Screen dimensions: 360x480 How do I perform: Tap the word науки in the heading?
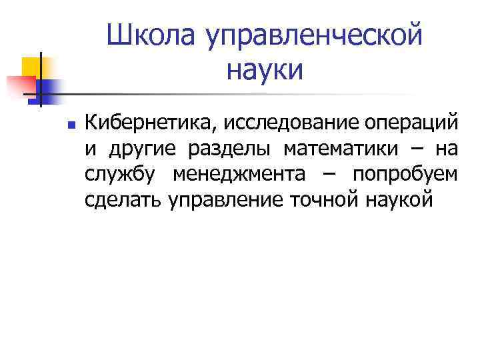[265, 69]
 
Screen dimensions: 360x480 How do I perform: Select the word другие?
[142, 149]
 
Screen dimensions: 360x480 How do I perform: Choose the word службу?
[121, 175]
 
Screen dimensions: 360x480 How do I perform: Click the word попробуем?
[405, 175]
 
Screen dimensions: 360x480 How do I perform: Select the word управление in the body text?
[228, 200]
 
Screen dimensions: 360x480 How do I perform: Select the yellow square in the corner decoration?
[30, 65]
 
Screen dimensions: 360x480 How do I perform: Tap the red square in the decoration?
[20, 86]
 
